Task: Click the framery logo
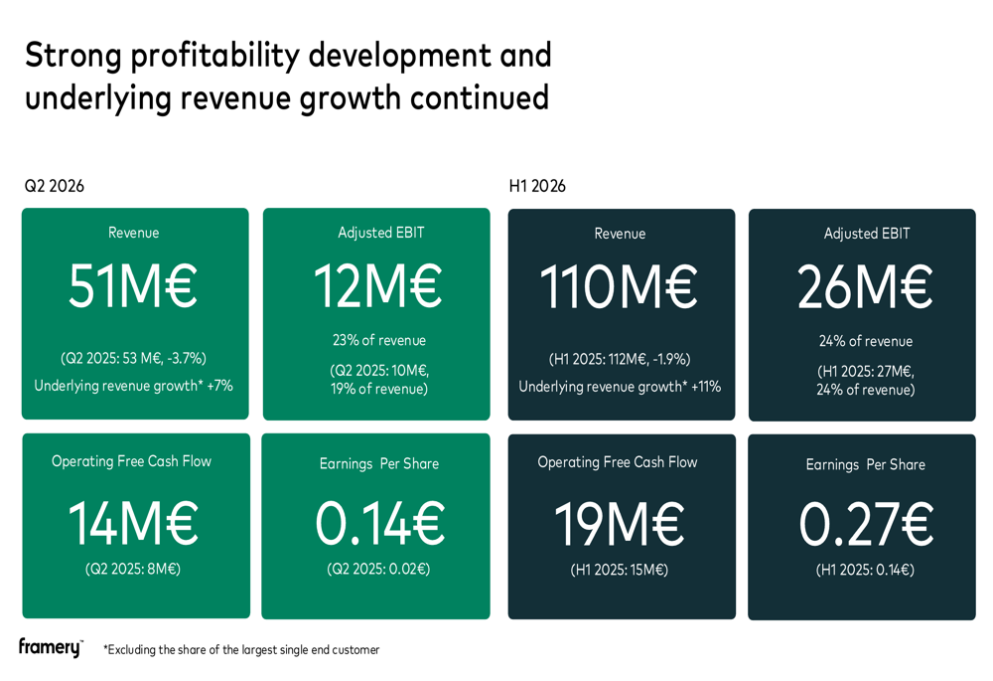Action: tap(51, 647)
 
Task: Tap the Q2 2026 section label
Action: tap(55, 186)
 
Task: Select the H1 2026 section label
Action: tap(537, 186)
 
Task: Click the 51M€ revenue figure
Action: tap(133, 286)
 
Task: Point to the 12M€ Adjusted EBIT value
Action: tap(378, 286)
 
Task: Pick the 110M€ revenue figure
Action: tap(619, 287)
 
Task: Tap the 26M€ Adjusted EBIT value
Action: tap(865, 287)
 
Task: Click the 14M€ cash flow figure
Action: tap(133, 523)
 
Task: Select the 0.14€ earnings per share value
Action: tap(380, 523)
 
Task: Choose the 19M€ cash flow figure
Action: tap(620, 524)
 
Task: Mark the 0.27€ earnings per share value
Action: tap(866, 524)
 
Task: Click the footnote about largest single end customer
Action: tap(241, 650)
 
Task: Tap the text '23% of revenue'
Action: tap(379, 340)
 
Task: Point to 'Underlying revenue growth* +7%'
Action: tap(134, 386)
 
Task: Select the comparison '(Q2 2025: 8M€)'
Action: tap(133, 569)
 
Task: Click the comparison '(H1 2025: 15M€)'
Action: tap(620, 570)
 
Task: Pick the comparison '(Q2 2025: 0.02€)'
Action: tap(378, 569)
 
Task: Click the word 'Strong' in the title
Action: tap(73, 56)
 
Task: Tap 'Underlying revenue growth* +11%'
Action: tap(620, 387)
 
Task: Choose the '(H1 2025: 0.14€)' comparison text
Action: tap(865, 570)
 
